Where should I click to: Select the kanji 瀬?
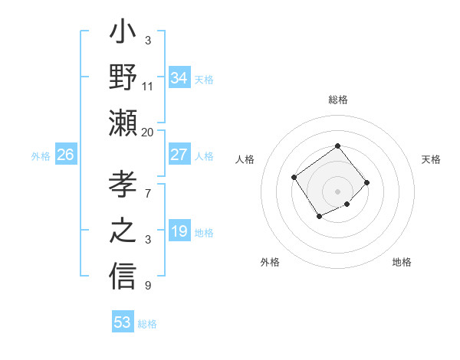[x=123, y=123]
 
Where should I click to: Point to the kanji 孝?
[x=123, y=186]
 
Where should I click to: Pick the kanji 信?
[x=123, y=274]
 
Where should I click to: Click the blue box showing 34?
[x=179, y=77]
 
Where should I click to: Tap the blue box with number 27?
[x=179, y=155]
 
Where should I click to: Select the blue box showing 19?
[x=179, y=231]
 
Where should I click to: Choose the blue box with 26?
[x=65, y=155]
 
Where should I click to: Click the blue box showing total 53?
[x=123, y=322]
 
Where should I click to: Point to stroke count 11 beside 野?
[x=148, y=87]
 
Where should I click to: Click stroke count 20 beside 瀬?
[x=148, y=132]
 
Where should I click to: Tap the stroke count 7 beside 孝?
[x=147, y=185]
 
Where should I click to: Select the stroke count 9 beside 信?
[x=147, y=286]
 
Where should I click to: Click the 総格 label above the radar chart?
[x=337, y=100]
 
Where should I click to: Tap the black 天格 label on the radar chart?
[x=431, y=159]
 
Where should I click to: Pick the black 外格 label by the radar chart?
[x=270, y=262]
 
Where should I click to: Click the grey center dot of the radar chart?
[x=337, y=191]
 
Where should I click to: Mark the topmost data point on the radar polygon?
[x=337, y=146]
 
